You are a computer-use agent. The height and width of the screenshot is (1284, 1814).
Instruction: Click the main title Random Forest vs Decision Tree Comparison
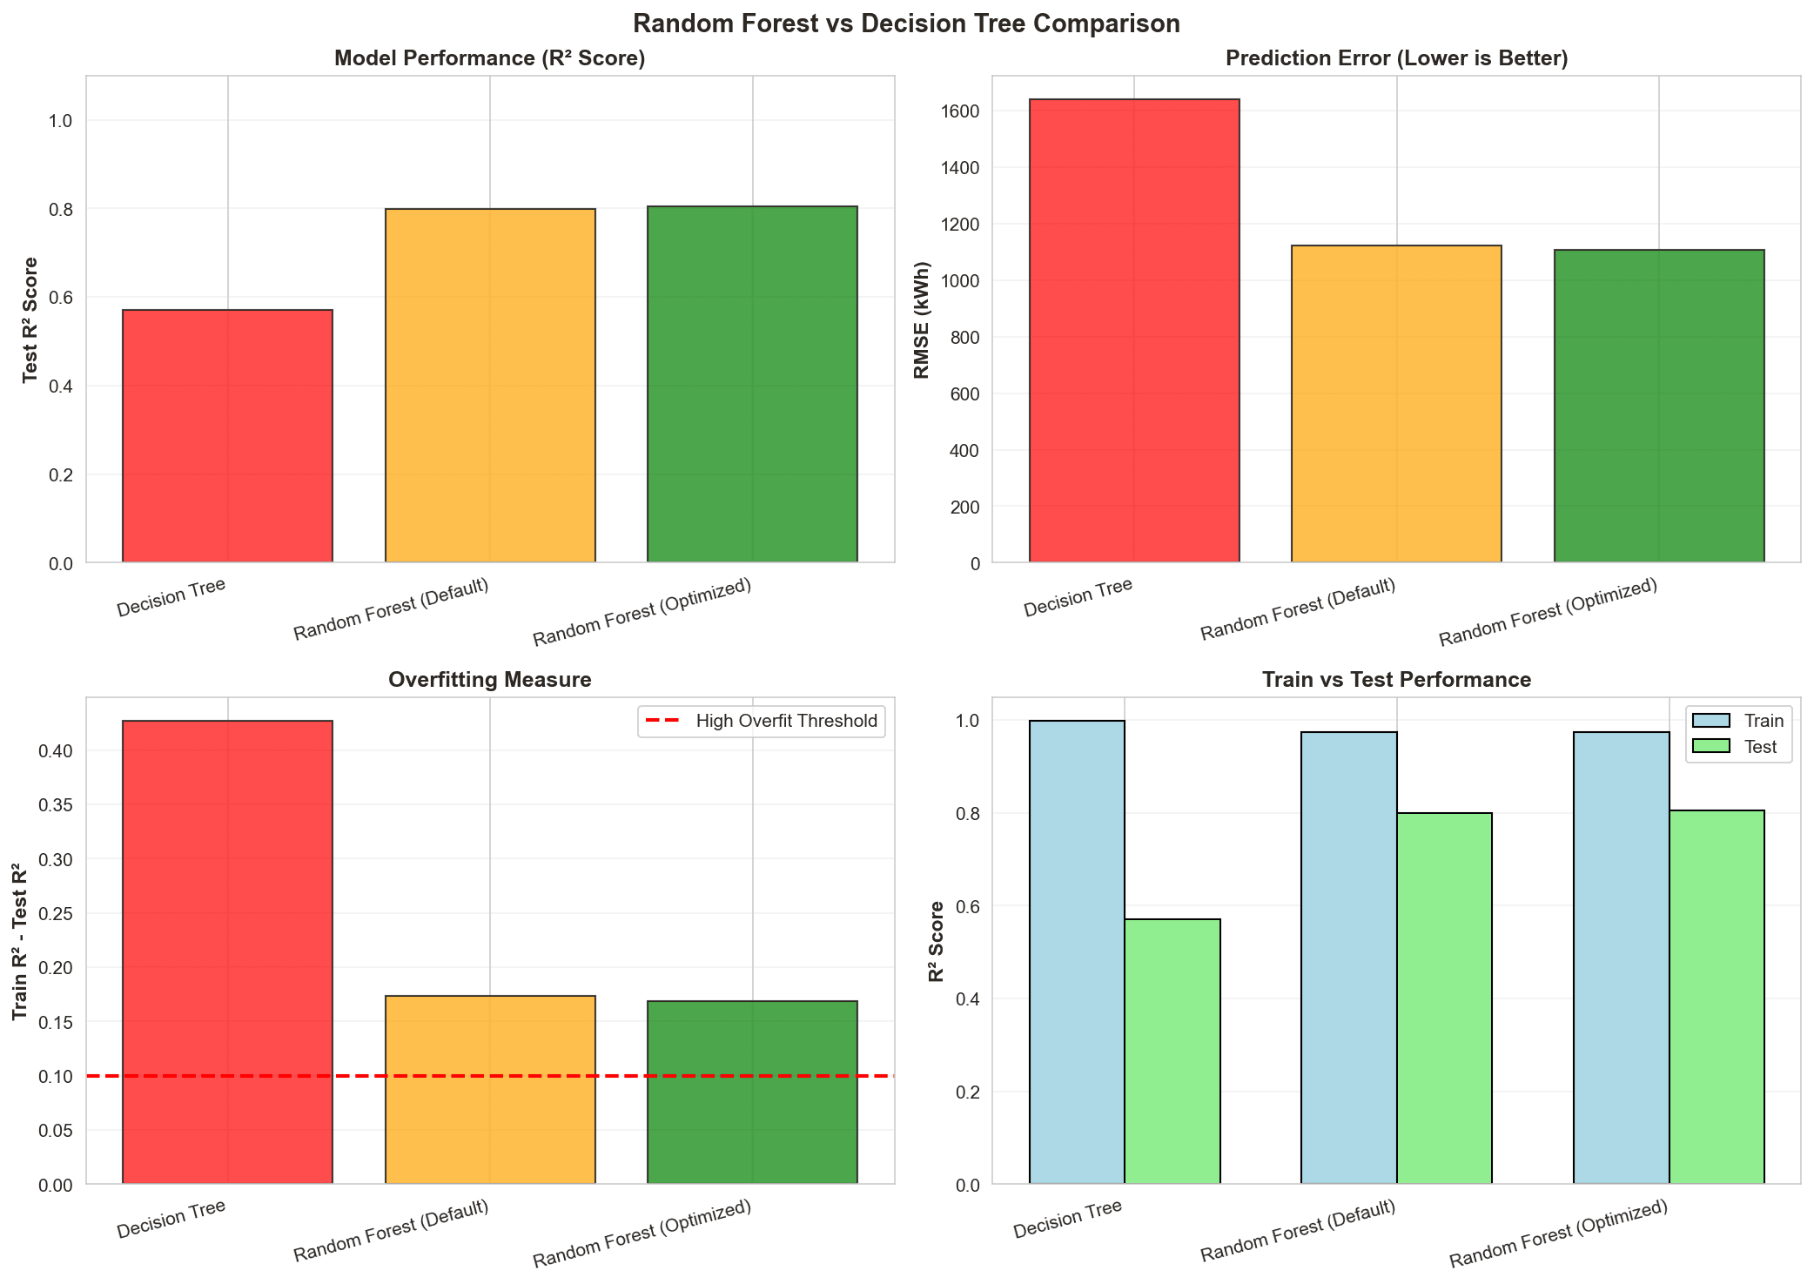[906, 24]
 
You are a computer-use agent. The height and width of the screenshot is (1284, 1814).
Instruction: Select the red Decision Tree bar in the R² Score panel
[227, 436]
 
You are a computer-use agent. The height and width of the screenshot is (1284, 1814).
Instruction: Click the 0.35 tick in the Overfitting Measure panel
[56, 805]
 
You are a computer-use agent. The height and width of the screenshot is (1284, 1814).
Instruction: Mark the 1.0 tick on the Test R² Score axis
[62, 121]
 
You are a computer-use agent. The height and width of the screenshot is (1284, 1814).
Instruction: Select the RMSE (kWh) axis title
[923, 320]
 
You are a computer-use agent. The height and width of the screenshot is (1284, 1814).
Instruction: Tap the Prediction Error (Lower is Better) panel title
[1396, 58]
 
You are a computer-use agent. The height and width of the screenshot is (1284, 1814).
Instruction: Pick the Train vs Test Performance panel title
[1396, 680]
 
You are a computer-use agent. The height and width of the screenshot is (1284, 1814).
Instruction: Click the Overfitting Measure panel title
[490, 680]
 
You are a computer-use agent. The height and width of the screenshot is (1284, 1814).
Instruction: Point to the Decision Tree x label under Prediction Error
[1078, 598]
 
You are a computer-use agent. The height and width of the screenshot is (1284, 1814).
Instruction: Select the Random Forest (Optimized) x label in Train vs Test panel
[1558, 1234]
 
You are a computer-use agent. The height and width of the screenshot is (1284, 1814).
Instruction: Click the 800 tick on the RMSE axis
[967, 338]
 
